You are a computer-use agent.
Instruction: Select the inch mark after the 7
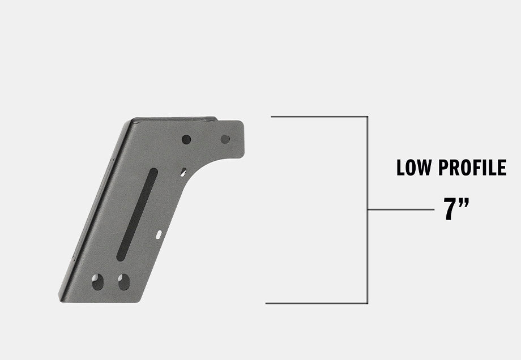point(464,203)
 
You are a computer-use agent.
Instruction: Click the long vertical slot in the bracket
point(137,214)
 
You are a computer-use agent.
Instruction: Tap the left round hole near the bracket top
point(186,139)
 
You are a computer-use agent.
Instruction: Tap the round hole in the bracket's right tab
point(225,139)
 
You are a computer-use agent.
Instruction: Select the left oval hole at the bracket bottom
point(98,281)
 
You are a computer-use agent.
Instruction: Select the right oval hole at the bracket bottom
point(123,281)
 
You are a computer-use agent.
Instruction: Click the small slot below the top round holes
point(183,172)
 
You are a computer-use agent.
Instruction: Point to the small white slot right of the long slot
point(159,234)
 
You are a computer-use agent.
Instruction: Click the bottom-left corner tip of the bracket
point(61,298)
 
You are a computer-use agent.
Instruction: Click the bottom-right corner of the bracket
point(138,301)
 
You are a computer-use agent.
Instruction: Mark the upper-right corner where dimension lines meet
point(368,117)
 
